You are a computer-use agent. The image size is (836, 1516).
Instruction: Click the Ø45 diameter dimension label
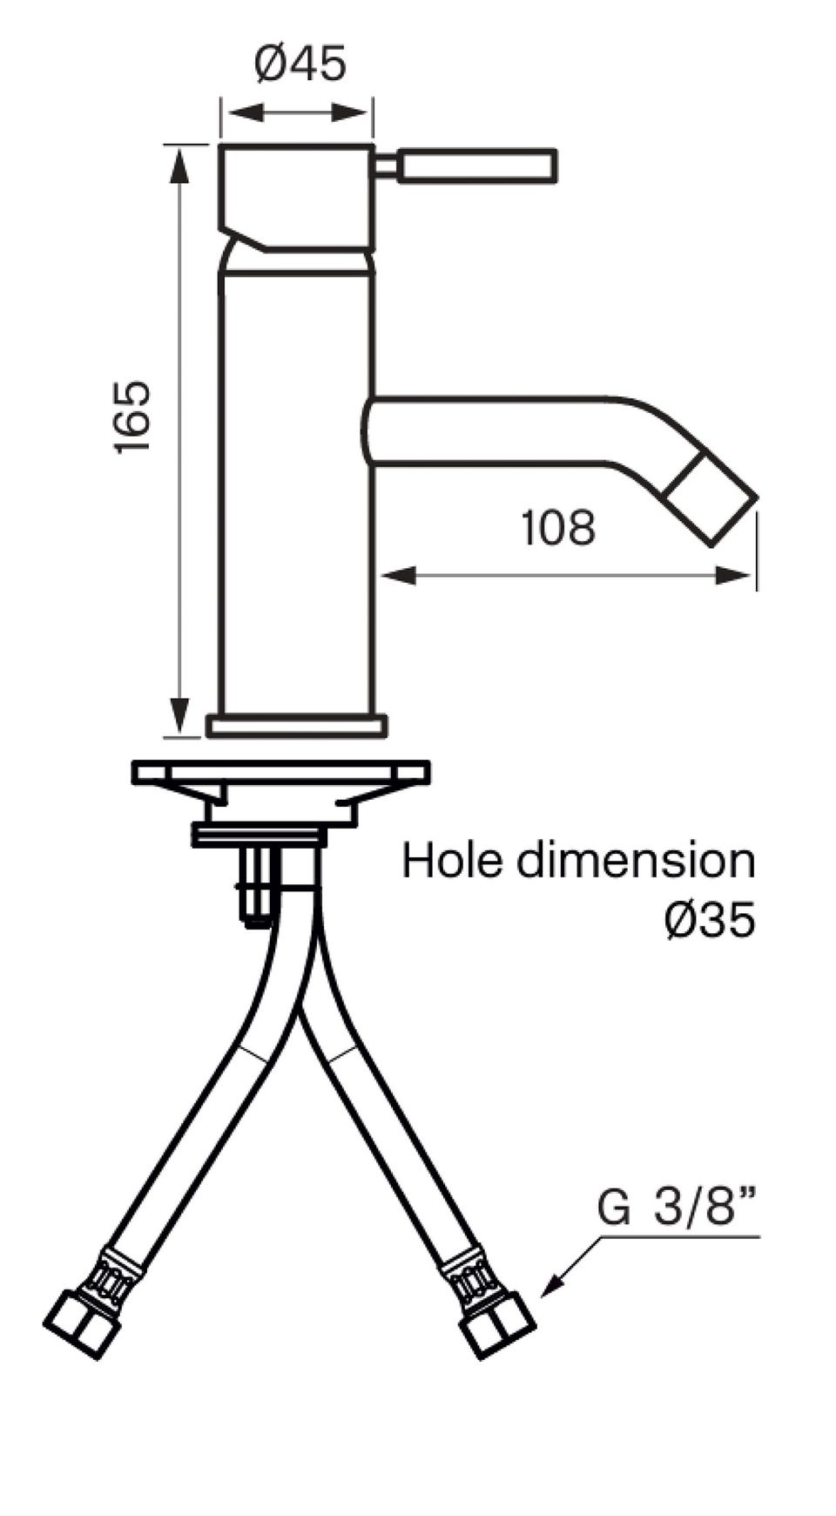300,63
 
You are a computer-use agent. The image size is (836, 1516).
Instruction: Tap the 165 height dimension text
132,416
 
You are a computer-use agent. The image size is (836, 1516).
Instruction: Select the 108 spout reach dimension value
558,528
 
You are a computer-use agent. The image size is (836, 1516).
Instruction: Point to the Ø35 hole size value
708,920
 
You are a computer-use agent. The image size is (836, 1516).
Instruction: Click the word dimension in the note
636,860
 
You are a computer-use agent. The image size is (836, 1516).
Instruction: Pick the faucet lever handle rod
466,166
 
